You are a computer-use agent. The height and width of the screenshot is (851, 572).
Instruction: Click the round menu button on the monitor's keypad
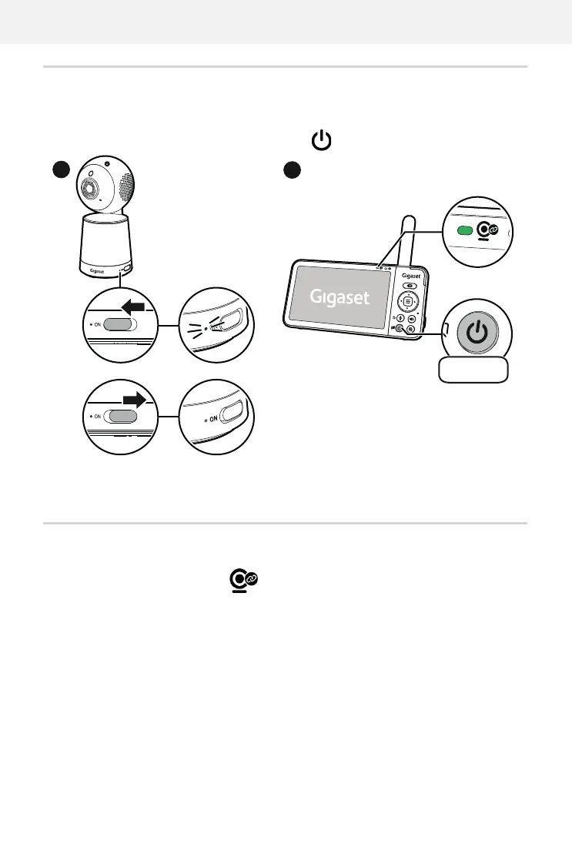pos(408,301)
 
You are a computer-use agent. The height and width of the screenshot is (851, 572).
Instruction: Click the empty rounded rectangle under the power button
pos(473,370)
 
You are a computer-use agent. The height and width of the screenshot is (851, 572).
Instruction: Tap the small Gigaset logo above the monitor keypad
pos(410,274)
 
